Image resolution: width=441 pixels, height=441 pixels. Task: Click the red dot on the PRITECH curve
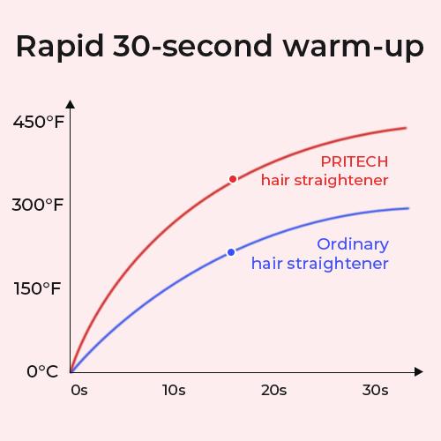(x=233, y=179)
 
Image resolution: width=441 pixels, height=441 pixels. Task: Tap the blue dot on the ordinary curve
(x=231, y=252)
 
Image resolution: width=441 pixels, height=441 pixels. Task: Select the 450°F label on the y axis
(x=38, y=122)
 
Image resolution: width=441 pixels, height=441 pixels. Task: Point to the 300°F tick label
(x=38, y=205)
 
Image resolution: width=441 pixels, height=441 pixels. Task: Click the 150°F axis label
(x=37, y=288)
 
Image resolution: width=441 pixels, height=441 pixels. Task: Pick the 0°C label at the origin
(x=42, y=371)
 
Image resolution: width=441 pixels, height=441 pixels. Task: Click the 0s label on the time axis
(x=79, y=390)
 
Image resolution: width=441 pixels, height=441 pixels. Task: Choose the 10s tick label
(x=174, y=390)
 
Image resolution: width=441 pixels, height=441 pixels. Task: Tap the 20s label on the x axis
(x=274, y=390)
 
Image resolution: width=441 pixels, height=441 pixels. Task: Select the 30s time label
(x=376, y=390)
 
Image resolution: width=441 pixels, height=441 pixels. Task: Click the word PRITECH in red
(x=355, y=161)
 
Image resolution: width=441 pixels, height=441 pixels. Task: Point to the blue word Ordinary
(x=353, y=245)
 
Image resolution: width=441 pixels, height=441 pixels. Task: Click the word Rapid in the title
(x=60, y=47)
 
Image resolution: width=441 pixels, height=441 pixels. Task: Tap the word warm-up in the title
(x=354, y=48)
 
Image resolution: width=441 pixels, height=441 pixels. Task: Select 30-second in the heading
(x=193, y=46)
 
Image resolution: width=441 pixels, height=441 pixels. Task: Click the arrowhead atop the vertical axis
(x=71, y=104)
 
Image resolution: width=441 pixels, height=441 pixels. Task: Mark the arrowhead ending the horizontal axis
(x=419, y=371)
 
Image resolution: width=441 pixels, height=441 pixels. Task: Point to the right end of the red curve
(x=406, y=128)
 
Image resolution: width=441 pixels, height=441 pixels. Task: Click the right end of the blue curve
(x=408, y=208)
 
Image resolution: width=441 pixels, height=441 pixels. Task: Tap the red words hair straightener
(x=325, y=180)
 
